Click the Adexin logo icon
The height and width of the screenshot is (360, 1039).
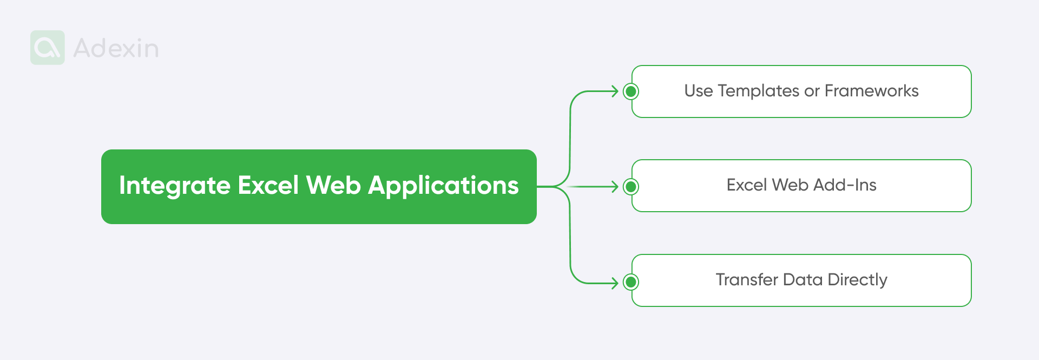point(48,48)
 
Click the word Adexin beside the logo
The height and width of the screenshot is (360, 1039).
point(116,49)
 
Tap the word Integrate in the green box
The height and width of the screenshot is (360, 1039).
point(174,186)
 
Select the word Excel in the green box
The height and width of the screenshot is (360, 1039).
point(268,185)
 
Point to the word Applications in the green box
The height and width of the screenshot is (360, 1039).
point(443,186)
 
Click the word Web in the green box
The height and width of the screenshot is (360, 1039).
point(333,185)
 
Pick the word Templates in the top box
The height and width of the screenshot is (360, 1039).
point(758,91)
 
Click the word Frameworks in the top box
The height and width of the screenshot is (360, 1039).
point(871,91)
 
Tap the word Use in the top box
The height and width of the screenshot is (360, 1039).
point(698,91)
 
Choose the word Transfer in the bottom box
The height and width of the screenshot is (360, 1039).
point(747,280)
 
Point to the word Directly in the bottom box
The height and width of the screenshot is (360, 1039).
point(857,280)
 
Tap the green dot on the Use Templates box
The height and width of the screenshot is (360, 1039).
point(630,91)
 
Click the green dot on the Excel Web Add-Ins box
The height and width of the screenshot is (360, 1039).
point(630,187)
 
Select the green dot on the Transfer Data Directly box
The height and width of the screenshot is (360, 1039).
point(630,282)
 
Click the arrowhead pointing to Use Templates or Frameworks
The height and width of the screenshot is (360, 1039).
point(615,91)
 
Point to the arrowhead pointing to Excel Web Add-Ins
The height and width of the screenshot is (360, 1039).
point(615,187)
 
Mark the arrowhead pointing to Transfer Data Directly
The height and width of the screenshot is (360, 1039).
point(615,283)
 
